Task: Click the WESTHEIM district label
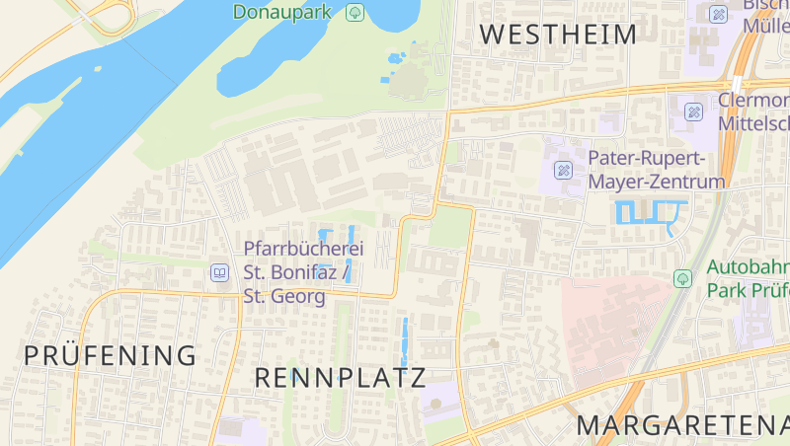point(558,35)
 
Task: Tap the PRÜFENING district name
point(111,355)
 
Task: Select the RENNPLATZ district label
point(340,377)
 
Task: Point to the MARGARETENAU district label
point(682,426)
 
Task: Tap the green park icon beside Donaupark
point(355,13)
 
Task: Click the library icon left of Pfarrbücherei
point(219,271)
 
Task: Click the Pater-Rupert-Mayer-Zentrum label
point(657,170)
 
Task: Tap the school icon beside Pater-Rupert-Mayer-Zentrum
point(564,170)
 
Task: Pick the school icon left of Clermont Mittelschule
point(694,111)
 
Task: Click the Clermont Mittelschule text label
point(755,111)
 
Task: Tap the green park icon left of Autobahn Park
point(682,278)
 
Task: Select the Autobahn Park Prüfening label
point(748,278)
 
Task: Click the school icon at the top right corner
point(718,14)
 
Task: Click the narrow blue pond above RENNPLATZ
point(403,342)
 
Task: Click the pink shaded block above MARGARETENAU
point(612,326)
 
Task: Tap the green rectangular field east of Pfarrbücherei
point(449,227)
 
